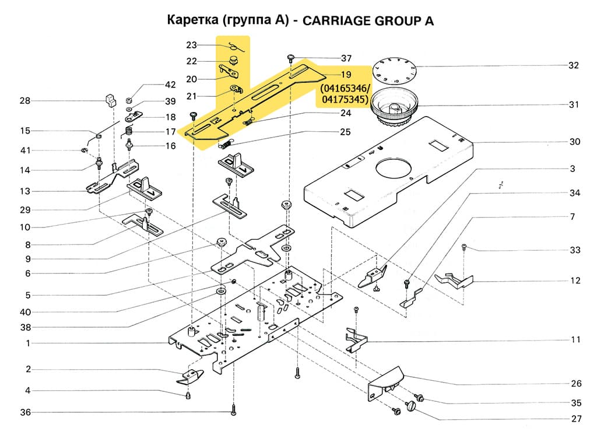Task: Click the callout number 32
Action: click(x=574, y=65)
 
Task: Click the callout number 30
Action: click(x=575, y=142)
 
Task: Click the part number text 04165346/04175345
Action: click(x=343, y=94)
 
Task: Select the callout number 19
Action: click(x=346, y=75)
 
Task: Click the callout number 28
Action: click(x=24, y=101)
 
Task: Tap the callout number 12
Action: click(x=575, y=281)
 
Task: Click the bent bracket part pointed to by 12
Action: click(x=458, y=279)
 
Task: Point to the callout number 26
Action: click(x=575, y=384)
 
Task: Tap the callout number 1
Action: click(x=27, y=344)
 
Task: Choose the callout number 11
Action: click(x=575, y=339)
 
